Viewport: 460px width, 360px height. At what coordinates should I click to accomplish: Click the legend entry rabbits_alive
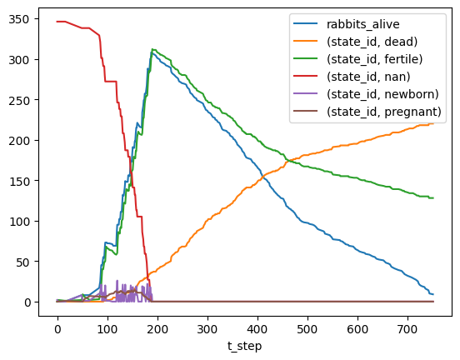362,24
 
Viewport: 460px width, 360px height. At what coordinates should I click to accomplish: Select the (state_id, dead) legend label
372,42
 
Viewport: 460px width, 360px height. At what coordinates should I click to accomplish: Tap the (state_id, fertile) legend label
375,59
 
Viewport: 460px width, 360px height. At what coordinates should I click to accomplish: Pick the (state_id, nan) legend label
368,77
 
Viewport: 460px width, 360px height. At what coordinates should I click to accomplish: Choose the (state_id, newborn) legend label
382,94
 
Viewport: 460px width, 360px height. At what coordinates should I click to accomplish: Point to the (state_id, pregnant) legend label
384,112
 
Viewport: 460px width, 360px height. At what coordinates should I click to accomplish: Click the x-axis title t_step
244,347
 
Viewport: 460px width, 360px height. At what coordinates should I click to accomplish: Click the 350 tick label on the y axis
19,19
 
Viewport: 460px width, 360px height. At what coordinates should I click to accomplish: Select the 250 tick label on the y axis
19,100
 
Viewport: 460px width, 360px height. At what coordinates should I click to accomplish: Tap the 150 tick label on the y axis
19,182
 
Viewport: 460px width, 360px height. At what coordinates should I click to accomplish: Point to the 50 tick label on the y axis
22,262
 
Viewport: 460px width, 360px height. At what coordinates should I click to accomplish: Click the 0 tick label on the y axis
27,302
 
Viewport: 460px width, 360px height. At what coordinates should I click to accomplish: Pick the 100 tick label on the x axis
107,329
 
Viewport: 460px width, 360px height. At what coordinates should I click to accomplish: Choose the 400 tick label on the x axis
257,329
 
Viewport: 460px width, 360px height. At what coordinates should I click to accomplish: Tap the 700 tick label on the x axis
407,329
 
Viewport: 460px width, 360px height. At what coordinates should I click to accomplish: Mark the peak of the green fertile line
152,49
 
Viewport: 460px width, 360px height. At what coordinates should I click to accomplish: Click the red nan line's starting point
57,22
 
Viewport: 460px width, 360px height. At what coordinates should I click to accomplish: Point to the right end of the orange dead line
433,123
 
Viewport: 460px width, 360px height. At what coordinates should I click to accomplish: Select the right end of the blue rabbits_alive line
433,294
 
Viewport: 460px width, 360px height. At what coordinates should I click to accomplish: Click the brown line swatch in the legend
305,111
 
